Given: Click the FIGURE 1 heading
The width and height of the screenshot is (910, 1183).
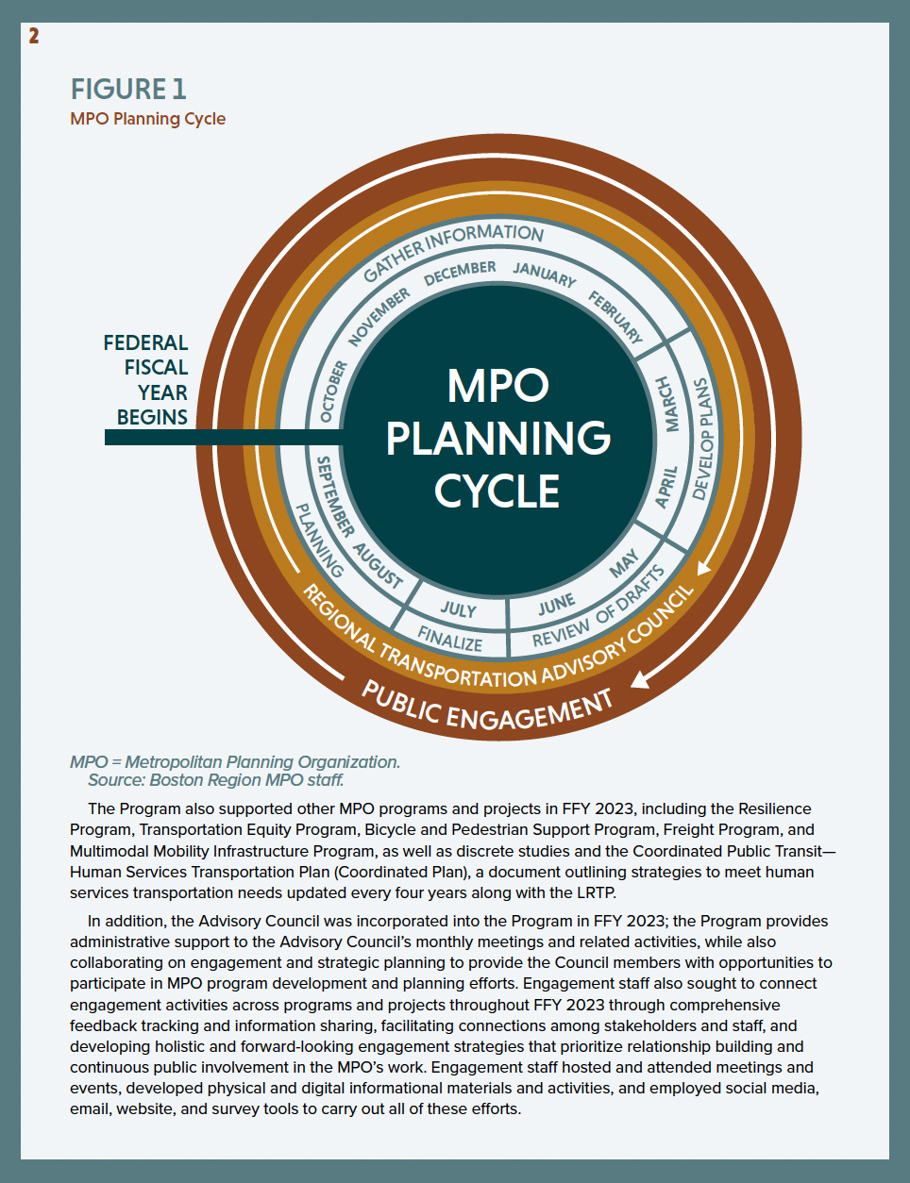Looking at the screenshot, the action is pos(128,89).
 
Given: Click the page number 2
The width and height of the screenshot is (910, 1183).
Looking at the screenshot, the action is pos(34,36).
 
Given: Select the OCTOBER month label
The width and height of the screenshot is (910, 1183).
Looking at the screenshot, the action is pos(332,391).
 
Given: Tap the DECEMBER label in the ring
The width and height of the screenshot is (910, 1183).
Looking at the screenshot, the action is pos(460,273).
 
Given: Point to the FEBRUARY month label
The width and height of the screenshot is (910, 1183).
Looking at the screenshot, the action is pos(615,317).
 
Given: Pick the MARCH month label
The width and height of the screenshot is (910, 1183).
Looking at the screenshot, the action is pos(668,404).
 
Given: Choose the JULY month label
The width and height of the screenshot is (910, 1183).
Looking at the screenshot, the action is pos(459,609).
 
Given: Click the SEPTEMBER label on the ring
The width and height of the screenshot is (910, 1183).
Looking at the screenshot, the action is pos(334,496).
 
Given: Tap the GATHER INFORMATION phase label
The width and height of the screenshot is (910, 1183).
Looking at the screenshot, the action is pos(453,250).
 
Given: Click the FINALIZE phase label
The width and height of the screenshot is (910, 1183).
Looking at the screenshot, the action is pos(450,640).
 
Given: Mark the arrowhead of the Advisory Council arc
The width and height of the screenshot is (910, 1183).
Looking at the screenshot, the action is pos(701,567).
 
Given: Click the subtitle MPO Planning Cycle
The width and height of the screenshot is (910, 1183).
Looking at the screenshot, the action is pos(147,119).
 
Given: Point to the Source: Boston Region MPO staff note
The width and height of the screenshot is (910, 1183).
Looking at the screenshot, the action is pos(215,780).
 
